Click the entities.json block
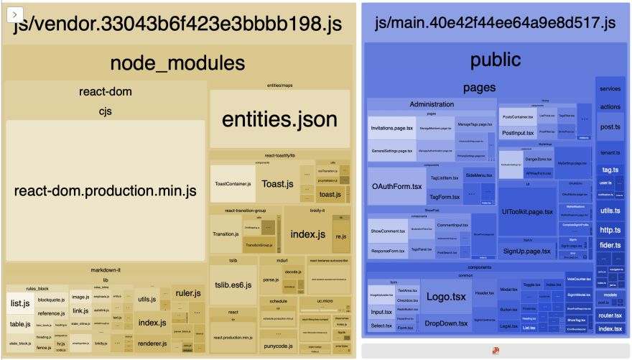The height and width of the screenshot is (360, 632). pyautogui.click(x=279, y=119)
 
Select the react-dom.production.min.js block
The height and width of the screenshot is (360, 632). pyautogui.click(x=105, y=191)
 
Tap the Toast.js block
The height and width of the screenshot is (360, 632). pyautogui.click(x=276, y=184)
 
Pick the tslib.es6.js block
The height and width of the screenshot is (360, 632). pyautogui.click(x=233, y=285)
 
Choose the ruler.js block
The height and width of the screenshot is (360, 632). pyautogui.click(x=187, y=293)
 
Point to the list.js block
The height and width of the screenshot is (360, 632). pyautogui.click(x=19, y=304)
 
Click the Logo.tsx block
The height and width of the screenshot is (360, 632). pyautogui.click(x=447, y=296)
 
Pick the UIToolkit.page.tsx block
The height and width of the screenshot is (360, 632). pyautogui.click(x=527, y=212)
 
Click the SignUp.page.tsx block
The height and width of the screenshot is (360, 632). pyautogui.click(x=527, y=251)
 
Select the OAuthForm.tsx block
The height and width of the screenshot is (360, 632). pyautogui.click(x=396, y=187)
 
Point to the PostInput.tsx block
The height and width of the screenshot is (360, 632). pyautogui.click(x=517, y=133)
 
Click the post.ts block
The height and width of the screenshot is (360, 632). pyautogui.click(x=610, y=127)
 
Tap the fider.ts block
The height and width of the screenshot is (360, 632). pyautogui.click(x=610, y=245)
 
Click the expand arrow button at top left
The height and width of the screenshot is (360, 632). pyautogui.click(x=16, y=14)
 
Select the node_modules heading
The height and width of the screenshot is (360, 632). pyautogui.click(x=177, y=63)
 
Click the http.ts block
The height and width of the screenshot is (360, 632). pyautogui.click(x=610, y=229)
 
